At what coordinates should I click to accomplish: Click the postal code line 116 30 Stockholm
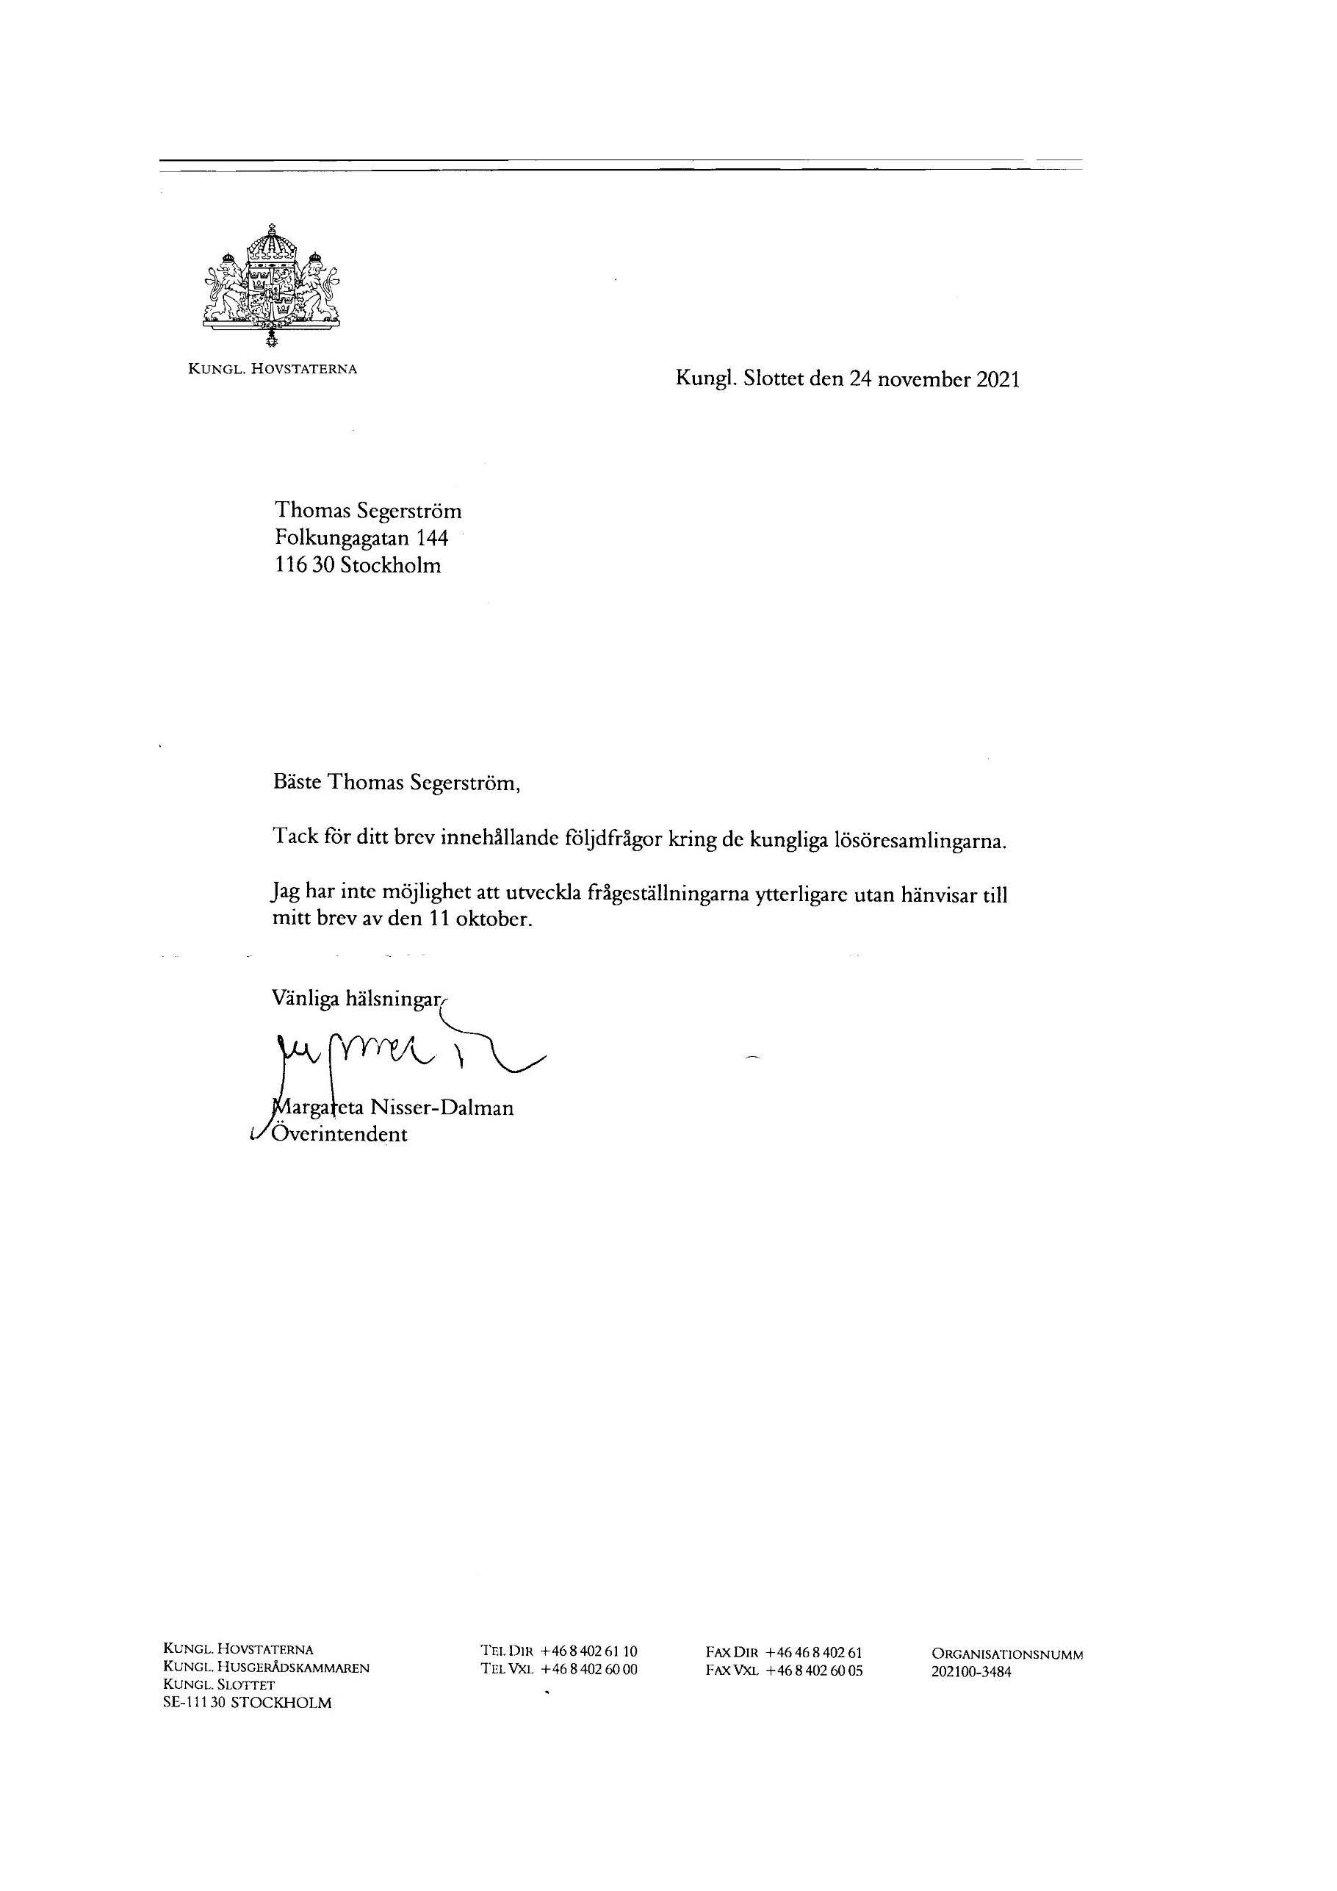pos(357,566)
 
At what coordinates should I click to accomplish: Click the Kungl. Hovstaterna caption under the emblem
pos(273,368)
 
